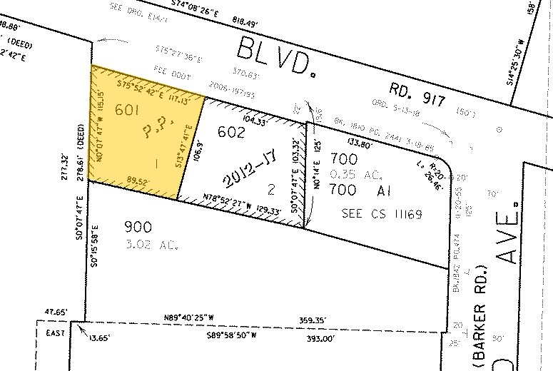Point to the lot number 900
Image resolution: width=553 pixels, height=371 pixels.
(138, 228)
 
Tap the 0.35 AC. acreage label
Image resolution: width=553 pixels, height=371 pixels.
(350, 173)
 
